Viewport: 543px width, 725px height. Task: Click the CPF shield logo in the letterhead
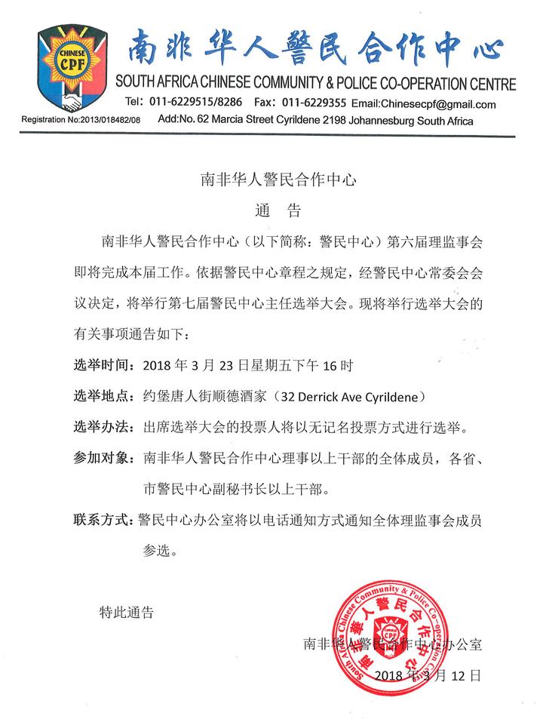(x=68, y=69)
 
